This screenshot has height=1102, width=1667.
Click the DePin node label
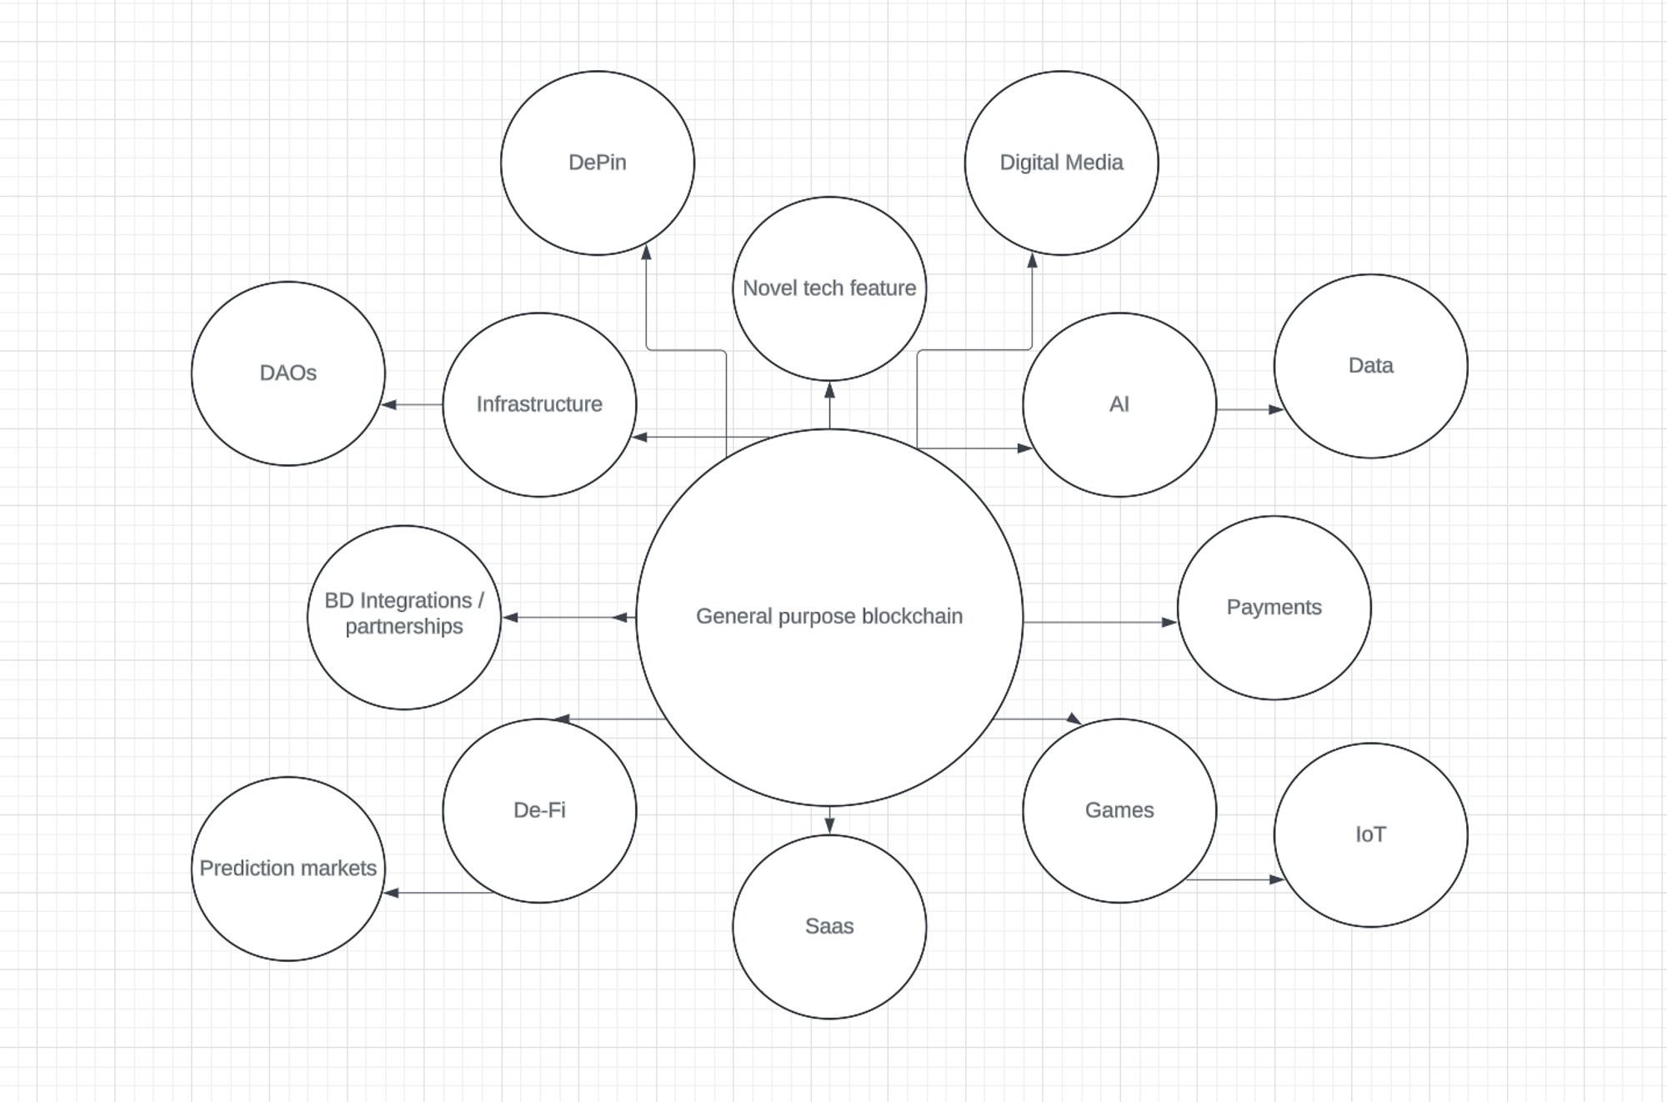[597, 163]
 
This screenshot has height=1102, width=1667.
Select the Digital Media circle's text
[1061, 163]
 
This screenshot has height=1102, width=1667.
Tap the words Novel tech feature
[829, 288]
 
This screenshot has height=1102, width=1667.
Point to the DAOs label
[288, 373]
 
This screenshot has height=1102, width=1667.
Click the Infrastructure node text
[539, 404]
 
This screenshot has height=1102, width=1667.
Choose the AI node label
[1119, 404]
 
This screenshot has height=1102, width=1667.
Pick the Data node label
[1370, 365]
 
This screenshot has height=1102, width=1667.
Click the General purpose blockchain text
[829, 616]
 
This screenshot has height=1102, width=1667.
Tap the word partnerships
[404, 626]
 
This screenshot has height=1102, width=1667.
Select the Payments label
[1274, 607]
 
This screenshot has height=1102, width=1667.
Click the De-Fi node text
[539, 809]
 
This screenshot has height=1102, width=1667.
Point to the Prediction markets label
[288, 868]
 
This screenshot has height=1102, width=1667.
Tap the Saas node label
[829, 926]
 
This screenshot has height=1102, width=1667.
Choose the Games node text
[1119, 809]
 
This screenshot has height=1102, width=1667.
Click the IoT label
[1370, 834]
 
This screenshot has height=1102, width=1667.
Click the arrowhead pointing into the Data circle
[1276, 409]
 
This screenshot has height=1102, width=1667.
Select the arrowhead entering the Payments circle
[1169, 622]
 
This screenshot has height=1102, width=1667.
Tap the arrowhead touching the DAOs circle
[388, 405]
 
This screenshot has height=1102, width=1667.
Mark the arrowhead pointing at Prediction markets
[391, 893]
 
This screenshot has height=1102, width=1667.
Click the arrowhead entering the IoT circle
[1276, 879]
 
